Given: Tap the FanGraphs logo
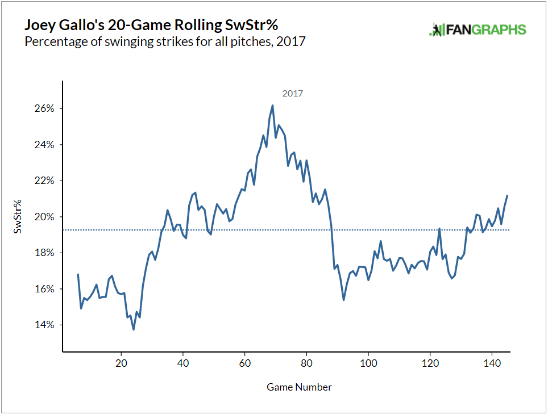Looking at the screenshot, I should pos(478,30).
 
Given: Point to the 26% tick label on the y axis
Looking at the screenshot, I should pos(43,108).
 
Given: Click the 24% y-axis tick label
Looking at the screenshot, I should pos(43,145).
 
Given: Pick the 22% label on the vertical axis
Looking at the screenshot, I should pos(43,181).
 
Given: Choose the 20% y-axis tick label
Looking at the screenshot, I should pos(43,217).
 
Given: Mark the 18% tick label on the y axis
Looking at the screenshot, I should pos(43,253).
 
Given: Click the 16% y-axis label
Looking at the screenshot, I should pos(43,289).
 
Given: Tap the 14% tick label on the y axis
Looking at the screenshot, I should pos(43,325).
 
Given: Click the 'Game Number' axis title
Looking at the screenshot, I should pos(299,387).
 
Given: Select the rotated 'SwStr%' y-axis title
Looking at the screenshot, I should pos(19,217).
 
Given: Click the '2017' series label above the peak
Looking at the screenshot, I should pos(293,93).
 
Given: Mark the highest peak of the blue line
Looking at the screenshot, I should pos(273,105).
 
